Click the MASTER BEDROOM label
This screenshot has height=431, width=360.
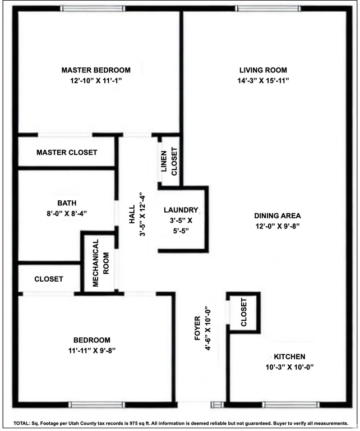96,70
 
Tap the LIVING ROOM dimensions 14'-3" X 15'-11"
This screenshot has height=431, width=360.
264,81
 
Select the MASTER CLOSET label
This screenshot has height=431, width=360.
67,153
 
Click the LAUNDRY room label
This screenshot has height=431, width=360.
181,210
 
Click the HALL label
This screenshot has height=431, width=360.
132,214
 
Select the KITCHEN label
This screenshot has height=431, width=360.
289,357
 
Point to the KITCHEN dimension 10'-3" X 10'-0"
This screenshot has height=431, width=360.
289,367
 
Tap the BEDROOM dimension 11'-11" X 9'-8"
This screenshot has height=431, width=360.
92,350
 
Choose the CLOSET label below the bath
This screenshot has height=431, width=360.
49,279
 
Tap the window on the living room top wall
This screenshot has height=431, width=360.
264,8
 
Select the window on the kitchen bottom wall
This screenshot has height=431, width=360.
290,405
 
